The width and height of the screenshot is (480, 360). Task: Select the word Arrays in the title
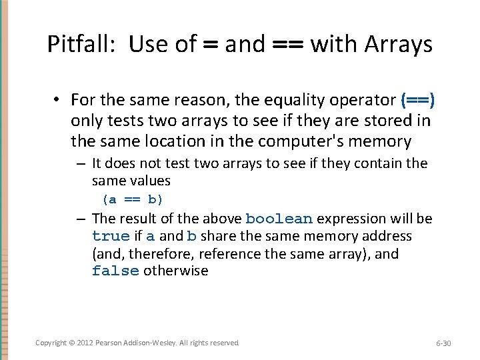tap(399, 45)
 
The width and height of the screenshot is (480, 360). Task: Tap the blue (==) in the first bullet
tap(418, 100)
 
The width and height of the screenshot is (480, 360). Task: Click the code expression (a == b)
tap(132, 199)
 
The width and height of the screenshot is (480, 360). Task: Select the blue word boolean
tap(279, 219)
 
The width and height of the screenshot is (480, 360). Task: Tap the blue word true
tap(111, 237)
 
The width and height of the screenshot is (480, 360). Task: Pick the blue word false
tap(115, 271)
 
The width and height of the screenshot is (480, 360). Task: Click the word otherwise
tap(176, 271)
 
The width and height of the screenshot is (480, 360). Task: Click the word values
tap(151, 181)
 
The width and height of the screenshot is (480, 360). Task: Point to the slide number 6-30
tap(443, 343)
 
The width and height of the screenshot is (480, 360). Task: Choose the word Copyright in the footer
tap(51, 343)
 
